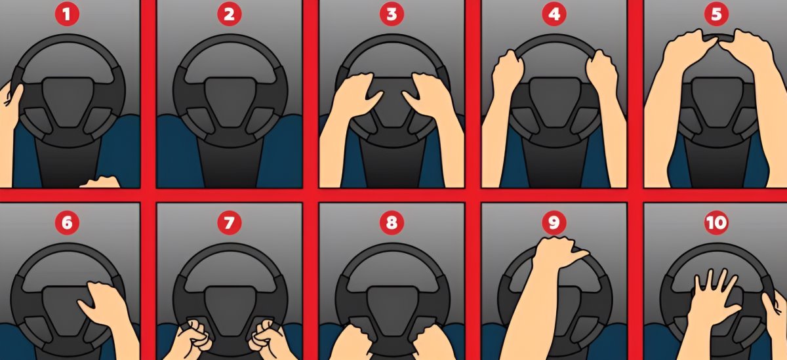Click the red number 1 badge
pos(67,14)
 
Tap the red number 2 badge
pos(229,14)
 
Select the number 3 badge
pos(392,14)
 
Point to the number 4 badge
pos(554,14)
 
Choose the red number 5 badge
pos(716,14)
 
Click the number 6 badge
pos(67,223)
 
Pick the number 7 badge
pos(229,223)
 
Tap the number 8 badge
pos(392,223)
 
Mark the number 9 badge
pos(554,223)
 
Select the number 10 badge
pos(716,223)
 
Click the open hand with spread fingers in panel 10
pos(714,302)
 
